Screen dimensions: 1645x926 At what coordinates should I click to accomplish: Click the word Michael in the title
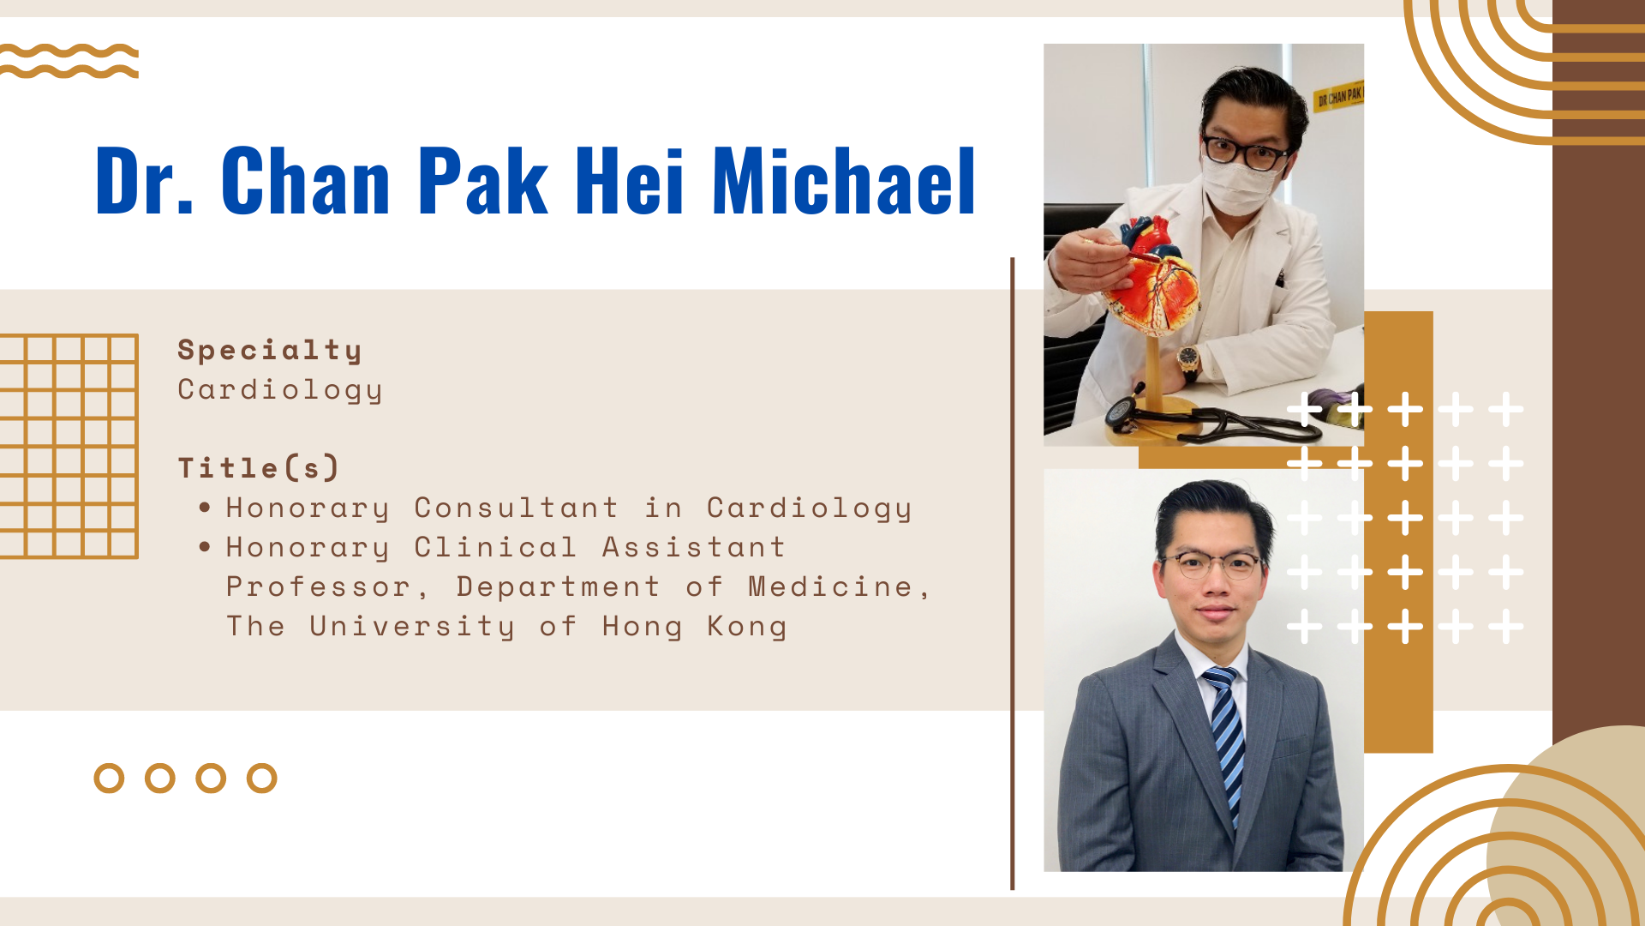(x=844, y=180)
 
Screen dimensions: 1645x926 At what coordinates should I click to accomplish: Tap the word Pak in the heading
(x=483, y=180)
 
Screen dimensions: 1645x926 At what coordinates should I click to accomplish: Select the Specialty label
(x=270, y=351)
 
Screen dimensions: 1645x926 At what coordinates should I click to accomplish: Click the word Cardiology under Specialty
(x=280, y=390)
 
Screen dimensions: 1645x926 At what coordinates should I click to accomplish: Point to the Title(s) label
(x=259, y=468)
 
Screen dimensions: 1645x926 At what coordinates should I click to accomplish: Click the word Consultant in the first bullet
(x=516, y=508)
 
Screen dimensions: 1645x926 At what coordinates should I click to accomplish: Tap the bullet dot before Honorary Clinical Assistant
(x=205, y=547)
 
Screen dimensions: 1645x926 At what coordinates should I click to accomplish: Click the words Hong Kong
(x=694, y=627)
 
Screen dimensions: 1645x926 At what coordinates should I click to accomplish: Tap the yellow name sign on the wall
(x=1339, y=95)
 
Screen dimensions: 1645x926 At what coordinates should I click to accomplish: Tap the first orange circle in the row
(x=109, y=779)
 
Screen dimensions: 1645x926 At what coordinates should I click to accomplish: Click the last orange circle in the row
(x=261, y=779)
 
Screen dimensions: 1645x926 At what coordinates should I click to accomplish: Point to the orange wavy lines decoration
(x=69, y=61)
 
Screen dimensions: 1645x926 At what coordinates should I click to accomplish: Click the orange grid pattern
(x=69, y=447)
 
